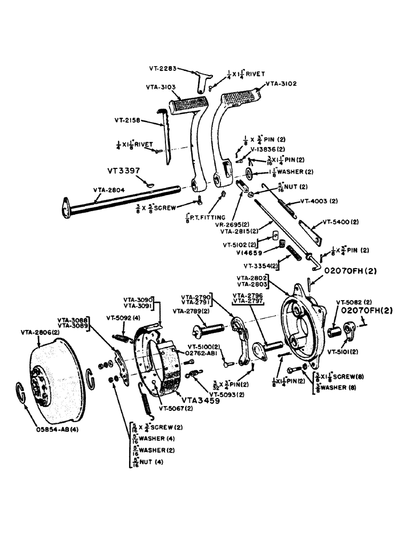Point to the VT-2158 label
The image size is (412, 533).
tap(127, 120)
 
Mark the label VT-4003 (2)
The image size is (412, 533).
tap(319, 201)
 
